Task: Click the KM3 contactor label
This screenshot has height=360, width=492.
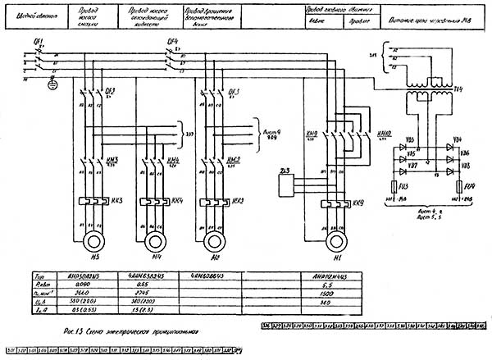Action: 112,159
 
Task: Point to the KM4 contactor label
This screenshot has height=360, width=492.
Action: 173,159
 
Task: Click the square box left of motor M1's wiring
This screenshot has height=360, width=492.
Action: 285,184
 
